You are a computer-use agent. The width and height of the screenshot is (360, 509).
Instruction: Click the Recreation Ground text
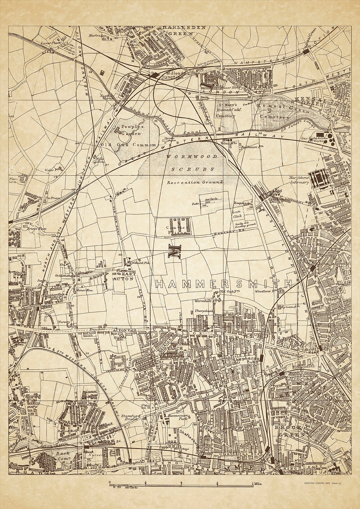(x=195, y=183)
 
